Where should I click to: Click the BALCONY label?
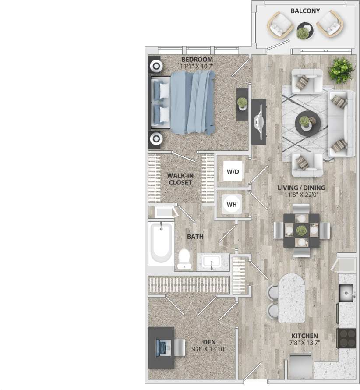click(305, 11)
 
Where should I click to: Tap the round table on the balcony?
click(305, 31)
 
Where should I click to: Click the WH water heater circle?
click(232, 204)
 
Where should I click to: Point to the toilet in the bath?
click(185, 259)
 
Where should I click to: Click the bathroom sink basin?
click(212, 262)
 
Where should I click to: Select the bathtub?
click(161, 243)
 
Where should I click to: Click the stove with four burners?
click(346, 338)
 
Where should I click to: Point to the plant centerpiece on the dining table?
click(301, 230)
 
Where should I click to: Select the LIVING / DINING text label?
click(301, 188)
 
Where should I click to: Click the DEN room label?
click(209, 342)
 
